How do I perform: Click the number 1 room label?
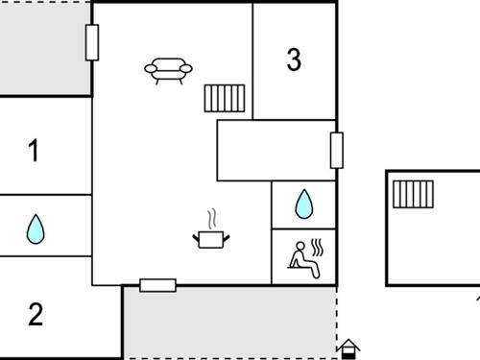34,150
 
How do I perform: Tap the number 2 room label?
36,314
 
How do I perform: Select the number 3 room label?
294,60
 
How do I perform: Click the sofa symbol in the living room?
168,71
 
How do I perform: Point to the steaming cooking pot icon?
211,229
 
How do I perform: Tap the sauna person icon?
305,258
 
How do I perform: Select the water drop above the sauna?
304,204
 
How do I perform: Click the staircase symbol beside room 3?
225,98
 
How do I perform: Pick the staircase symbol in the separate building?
413,194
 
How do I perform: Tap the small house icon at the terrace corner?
348,349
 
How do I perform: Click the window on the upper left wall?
92,42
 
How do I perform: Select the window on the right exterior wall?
337,150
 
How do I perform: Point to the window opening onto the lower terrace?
158,285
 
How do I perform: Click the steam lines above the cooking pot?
211,219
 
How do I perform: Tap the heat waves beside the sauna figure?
317,247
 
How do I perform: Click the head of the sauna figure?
300,246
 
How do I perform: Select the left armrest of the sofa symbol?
151,68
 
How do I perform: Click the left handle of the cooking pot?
196,238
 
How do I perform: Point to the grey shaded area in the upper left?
45,48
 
